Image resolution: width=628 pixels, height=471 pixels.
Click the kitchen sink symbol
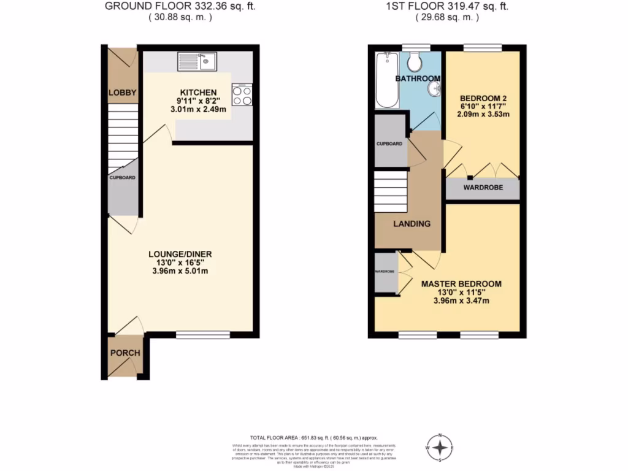(x=197, y=60)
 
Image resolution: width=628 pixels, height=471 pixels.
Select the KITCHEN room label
(x=199, y=92)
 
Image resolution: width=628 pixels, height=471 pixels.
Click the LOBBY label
(x=122, y=93)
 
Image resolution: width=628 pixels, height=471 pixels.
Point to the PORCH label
(x=125, y=353)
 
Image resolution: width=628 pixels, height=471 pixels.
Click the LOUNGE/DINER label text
(x=180, y=253)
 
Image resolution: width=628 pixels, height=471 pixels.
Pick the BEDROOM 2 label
(x=483, y=98)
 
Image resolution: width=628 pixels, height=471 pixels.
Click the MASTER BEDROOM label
(x=461, y=284)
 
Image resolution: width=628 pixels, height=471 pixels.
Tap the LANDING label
(x=412, y=224)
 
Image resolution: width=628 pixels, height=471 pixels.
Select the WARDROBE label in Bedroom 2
(x=483, y=188)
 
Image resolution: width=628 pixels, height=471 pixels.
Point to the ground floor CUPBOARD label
(x=123, y=177)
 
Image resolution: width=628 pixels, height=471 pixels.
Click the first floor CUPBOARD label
(x=389, y=144)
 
